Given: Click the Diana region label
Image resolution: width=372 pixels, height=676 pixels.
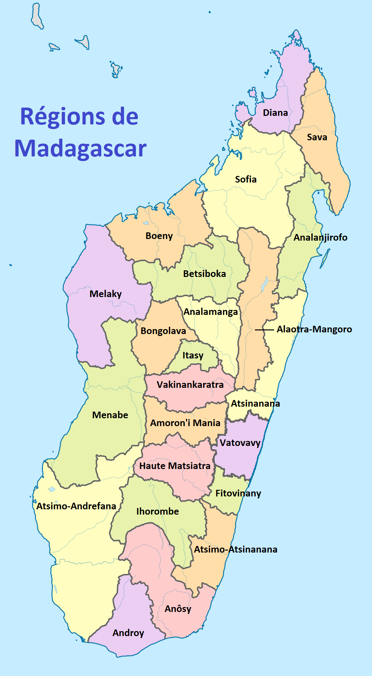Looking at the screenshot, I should (275, 113).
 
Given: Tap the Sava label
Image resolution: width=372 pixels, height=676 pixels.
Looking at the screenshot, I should (317, 137).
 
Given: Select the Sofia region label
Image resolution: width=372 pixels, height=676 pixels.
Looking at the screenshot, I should (246, 179).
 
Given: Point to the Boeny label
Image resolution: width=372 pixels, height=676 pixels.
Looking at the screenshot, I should (159, 236).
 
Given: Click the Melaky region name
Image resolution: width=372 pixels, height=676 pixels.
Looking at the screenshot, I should (106, 294).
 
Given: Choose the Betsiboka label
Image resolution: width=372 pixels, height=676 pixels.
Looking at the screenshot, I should (204, 274).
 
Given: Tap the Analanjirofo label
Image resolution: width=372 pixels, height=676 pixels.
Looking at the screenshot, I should (321, 237).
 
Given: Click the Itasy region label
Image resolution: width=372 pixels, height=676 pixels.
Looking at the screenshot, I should (193, 355).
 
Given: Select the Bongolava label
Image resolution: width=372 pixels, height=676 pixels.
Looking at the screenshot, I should (163, 331).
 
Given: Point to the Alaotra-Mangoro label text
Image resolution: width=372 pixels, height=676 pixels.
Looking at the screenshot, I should (314, 329).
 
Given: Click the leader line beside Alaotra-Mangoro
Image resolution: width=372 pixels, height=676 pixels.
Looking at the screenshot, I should (264, 329).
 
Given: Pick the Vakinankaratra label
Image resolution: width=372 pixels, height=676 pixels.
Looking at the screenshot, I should (190, 385).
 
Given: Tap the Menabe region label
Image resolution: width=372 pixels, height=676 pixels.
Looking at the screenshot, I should (110, 415).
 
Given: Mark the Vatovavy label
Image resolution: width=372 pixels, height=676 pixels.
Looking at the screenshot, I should (240, 443).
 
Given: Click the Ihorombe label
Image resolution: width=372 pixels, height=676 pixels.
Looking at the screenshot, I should (158, 511).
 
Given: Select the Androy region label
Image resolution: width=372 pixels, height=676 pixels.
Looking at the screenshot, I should (128, 633).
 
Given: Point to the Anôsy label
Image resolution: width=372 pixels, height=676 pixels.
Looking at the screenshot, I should (178, 609).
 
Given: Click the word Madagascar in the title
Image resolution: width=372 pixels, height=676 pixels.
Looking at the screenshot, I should (80, 148).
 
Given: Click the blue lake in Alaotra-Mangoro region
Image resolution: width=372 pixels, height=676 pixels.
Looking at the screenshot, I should (264, 284).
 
